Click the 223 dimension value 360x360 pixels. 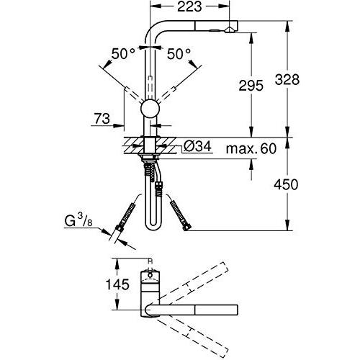pyautogui.click(x=189, y=7)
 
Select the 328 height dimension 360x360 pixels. pyautogui.click(x=287, y=79)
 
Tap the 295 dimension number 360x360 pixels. pyautogui.click(x=251, y=86)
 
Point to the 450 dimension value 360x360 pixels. pyautogui.click(x=286, y=184)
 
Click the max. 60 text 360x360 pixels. pyautogui.click(x=251, y=148)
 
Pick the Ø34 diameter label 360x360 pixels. pyautogui.click(x=197, y=145)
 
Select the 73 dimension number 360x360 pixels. pyautogui.click(x=102, y=119)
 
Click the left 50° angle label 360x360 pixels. pyautogui.click(x=123, y=54)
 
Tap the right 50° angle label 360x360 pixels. pyautogui.click(x=179, y=54)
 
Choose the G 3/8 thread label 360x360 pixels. pyautogui.click(x=78, y=221)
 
